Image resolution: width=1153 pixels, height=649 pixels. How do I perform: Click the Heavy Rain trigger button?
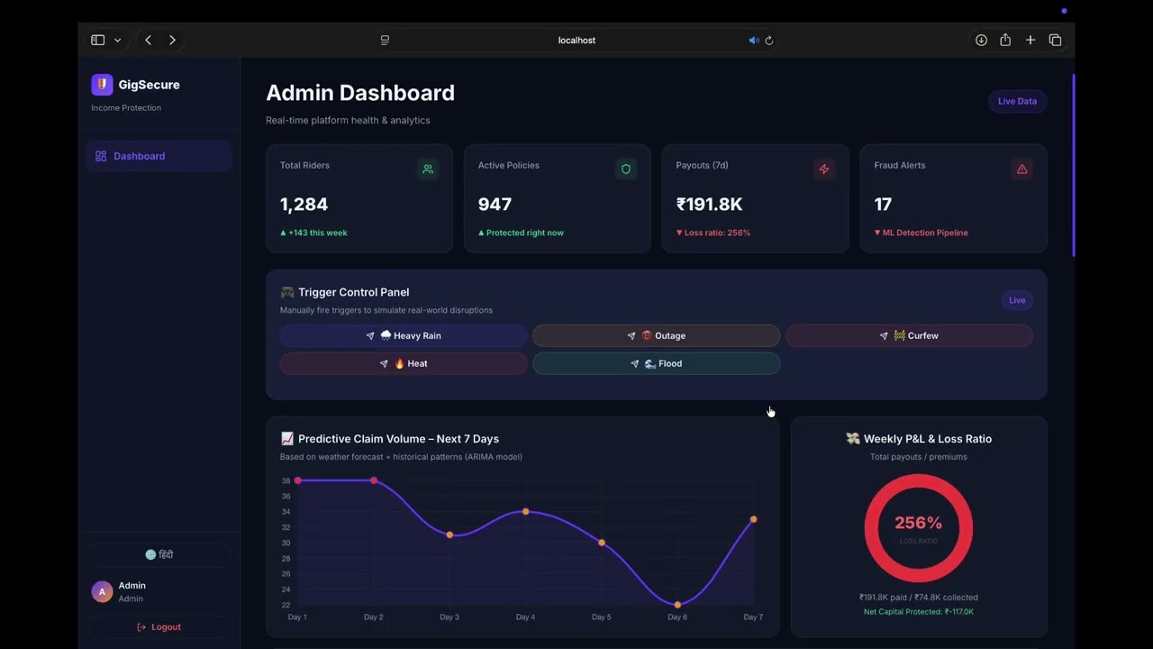point(404,335)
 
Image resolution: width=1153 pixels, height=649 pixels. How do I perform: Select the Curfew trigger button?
point(909,335)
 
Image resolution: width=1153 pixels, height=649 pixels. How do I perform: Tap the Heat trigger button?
point(404,363)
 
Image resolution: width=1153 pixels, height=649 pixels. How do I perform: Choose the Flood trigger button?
point(656,363)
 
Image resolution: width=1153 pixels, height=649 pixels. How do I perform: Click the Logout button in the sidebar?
point(159,626)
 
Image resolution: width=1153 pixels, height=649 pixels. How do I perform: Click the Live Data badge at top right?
point(1017,101)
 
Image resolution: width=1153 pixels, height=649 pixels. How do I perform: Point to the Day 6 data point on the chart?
point(677,605)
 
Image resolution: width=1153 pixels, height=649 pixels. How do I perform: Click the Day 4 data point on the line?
point(526,511)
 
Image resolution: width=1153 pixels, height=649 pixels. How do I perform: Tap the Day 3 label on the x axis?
point(449,617)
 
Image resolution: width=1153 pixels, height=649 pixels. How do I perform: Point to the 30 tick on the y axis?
point(286,543)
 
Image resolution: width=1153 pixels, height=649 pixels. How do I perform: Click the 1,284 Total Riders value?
point(304,205)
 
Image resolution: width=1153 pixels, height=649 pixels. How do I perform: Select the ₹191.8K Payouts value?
point(709,205)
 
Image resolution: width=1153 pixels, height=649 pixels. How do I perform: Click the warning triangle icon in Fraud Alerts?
point(1021,169)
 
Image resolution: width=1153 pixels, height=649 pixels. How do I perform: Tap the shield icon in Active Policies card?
point(626,169)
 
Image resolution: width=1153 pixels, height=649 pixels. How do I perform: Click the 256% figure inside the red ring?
point(918,523)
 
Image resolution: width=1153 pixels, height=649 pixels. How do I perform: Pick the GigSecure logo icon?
point(102,85)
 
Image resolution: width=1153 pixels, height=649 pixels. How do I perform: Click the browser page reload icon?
point(769,41)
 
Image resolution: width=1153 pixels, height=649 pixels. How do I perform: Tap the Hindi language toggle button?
point(159,554)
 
